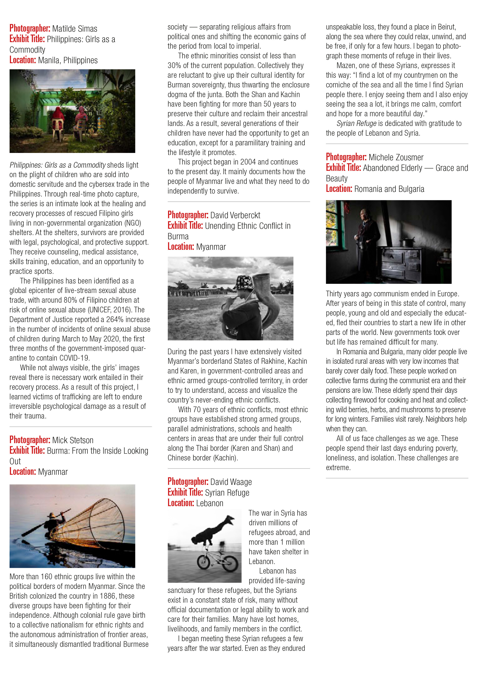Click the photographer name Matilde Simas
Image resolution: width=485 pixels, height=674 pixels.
coord(74,29)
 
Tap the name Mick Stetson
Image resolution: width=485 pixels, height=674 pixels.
coord(73,440)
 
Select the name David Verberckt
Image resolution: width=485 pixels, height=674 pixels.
coord(235,215)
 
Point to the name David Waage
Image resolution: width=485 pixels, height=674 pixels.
coord(231,482)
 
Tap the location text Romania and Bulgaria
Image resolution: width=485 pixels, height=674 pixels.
coord(389,189)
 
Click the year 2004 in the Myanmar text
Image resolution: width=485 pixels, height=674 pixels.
coord(248,162)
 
